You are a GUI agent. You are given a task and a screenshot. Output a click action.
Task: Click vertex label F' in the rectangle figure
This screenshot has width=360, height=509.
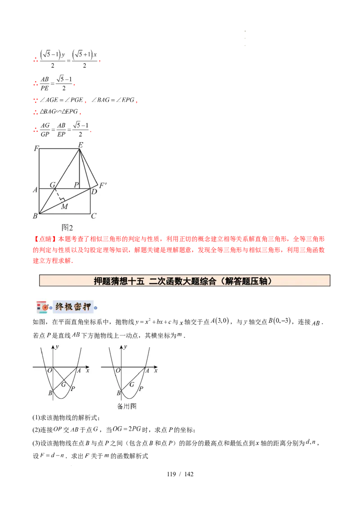coord(103,185)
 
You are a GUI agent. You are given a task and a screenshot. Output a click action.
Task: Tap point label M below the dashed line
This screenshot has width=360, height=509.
coord(64,206)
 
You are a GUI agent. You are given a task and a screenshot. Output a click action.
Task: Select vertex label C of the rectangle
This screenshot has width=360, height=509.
coord(94,216)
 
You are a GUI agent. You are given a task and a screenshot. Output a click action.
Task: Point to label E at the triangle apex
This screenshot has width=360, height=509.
coord(81,144)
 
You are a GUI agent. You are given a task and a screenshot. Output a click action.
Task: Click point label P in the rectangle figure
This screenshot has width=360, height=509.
coord(76,184)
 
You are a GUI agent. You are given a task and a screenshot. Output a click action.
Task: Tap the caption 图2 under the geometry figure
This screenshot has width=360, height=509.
coord(67,228)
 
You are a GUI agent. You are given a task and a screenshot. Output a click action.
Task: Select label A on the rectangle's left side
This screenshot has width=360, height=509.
coord(35,190)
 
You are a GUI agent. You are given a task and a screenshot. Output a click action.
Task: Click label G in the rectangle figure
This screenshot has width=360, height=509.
coord(52,184)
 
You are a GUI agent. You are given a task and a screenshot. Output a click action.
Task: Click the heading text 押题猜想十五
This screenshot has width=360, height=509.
coord(119,281)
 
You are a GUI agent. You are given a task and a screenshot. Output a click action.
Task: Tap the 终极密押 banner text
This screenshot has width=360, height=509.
coord(72,307)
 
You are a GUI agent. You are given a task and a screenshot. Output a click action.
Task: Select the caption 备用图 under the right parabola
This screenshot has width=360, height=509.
coord(126,405)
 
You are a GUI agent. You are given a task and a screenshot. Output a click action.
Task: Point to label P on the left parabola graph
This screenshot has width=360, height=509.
coord(72,388)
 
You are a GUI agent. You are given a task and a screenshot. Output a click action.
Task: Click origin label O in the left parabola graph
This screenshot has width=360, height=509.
coord(49,370)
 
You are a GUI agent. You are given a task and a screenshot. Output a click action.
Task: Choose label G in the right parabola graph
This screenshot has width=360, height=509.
coord(131,384)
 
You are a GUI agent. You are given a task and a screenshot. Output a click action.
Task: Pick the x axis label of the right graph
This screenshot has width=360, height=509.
coord(155,371)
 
